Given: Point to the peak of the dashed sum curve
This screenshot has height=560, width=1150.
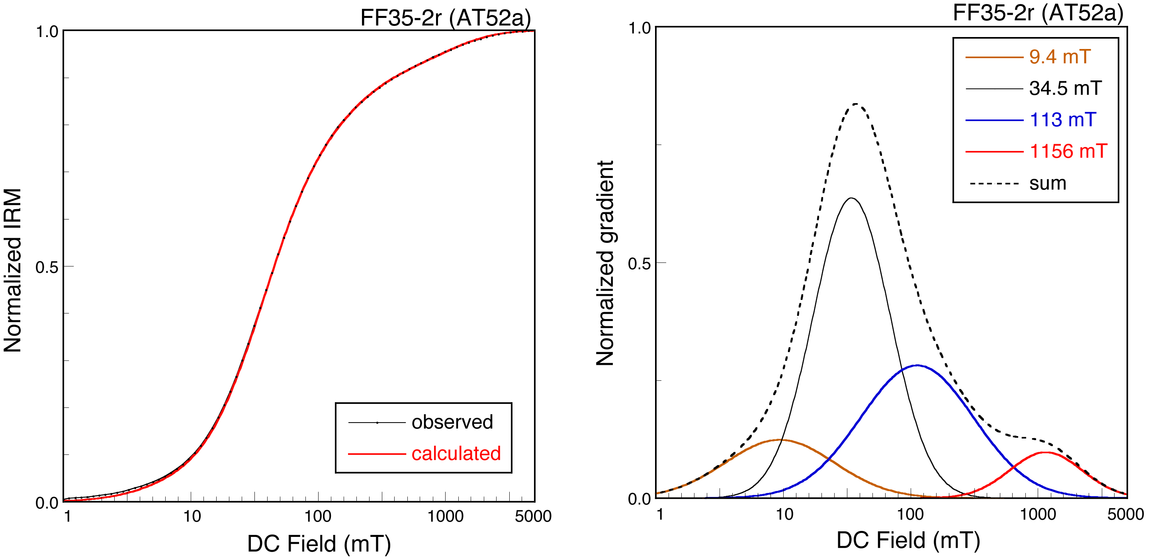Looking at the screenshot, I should [855, 104].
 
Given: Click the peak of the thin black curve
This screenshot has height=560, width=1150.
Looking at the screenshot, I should [851, 198].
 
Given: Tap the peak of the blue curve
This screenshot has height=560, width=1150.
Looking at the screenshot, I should [917, 365].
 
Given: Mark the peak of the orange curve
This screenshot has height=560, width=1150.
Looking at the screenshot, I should [779, 440].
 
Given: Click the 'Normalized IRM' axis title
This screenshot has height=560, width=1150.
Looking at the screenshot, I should [12, 270].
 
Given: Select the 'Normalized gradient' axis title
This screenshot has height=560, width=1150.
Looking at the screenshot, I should [605, 264].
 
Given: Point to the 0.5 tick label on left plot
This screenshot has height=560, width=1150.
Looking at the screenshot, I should [47, 268].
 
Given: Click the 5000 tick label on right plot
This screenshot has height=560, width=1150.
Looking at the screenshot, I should [1125, 515].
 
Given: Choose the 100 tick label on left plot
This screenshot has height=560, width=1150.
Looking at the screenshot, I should [317, 517].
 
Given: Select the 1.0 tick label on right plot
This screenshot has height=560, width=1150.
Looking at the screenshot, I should [639, 29].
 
